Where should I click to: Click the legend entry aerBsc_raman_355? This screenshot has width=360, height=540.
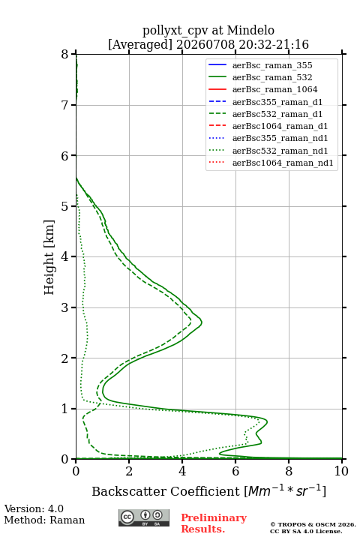[x=272, y=65]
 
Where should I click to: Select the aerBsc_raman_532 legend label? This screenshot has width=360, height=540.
[x=272, y=77]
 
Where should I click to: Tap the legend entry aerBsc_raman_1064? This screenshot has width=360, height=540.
[x=275, y=89]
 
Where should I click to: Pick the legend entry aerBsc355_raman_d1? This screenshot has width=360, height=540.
[x=277, y=102]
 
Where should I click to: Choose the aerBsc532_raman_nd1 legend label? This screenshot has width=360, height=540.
[x=280, y=151]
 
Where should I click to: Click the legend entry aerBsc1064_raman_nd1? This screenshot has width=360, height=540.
[x=283, y=163]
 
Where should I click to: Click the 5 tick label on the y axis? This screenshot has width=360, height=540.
[x=65, y=207]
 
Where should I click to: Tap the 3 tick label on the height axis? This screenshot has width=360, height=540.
[x=65, y=307]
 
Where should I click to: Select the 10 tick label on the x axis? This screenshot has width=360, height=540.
[x=341, y=471]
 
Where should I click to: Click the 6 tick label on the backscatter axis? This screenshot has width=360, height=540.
[x=235, y=471]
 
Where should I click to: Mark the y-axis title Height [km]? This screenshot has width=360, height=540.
[x=49, y=257]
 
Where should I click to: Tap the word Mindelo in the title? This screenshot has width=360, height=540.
[x=250, y=30]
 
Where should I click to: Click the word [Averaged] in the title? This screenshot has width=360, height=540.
[x=139, y=44]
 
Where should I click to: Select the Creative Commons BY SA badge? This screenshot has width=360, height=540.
[x=144, y=517]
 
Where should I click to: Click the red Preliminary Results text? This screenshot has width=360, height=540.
[x=214, y=523]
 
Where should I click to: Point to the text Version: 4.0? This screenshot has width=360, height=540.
[x=34, y=508]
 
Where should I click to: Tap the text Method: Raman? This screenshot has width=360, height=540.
[x=44, y=520]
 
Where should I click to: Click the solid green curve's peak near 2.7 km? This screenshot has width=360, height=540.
[x=202, y=322]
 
